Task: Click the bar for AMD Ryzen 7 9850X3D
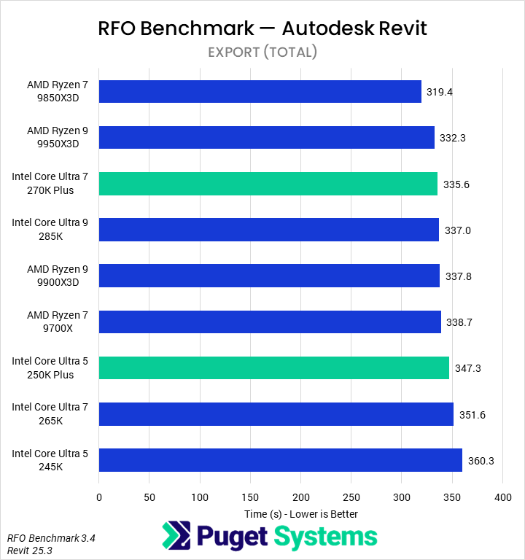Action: coord(260,91)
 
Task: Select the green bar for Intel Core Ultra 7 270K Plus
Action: coord(268,184)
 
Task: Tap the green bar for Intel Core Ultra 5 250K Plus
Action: coord(273,367)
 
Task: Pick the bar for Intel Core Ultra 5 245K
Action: coord(280,460)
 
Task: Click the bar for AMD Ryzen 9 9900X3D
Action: coord(269,276)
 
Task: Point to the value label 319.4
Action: coord(440,92)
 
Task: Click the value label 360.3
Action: coord(481,461)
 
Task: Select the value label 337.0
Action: coord(458,230)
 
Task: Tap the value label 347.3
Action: coord(467,368)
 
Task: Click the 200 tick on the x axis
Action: coord(300,497)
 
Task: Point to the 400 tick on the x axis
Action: coord(502,497)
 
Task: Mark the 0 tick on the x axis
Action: coord(99,497)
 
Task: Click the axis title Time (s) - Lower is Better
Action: coord(300,513)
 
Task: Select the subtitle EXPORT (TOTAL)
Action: coord(262,52)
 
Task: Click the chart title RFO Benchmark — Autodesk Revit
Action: coord(262,28)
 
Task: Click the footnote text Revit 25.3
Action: coord(29,550)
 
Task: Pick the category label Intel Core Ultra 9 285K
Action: coord(50,230)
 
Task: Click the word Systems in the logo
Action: coord(326,537)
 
